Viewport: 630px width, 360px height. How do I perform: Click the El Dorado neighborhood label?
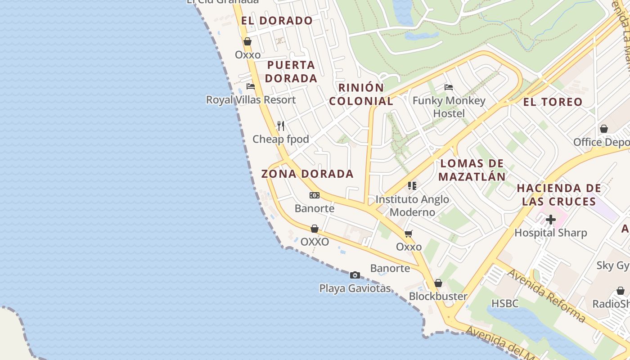277,21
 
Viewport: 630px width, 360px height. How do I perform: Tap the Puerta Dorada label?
291,72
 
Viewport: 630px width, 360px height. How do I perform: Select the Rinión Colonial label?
361,94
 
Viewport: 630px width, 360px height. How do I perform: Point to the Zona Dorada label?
307,174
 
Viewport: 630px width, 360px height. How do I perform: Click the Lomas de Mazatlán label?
472,170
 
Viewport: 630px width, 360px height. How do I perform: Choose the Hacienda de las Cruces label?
559,194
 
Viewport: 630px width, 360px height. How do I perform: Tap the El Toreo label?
553,102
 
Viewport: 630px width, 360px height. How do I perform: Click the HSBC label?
505,304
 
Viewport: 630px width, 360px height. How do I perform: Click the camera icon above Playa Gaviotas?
355,275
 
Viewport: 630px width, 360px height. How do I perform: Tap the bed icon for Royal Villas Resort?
251,86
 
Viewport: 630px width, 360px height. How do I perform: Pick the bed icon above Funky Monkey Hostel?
448,87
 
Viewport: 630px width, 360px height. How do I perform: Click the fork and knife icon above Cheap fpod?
281,126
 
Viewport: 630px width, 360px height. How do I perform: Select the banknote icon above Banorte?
315,195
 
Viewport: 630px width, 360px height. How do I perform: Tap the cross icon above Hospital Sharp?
551,220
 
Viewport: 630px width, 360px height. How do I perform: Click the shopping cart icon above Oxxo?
409,234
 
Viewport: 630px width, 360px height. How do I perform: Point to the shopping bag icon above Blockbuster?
438,283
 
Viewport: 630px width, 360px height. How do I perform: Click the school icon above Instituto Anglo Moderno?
412,185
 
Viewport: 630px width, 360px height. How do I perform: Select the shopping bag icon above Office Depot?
604,129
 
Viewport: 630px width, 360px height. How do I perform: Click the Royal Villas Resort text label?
251,100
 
